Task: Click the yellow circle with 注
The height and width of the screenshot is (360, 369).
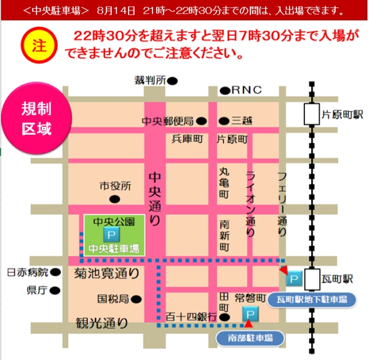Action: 38,47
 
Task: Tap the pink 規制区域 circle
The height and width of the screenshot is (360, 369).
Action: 37,119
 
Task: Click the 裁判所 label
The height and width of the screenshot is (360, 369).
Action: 151,80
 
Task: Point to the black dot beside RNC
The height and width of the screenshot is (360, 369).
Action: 225,90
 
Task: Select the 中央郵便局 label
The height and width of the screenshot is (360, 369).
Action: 168,121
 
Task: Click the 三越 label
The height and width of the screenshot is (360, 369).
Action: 242,121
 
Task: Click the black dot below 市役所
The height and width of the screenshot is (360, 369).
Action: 114,199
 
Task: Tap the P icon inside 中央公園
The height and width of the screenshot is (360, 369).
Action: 111,234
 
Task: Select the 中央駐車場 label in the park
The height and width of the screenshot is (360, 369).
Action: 113,249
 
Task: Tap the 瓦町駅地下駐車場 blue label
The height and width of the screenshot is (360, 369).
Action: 312,300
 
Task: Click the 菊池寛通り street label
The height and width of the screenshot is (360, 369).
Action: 106,271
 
